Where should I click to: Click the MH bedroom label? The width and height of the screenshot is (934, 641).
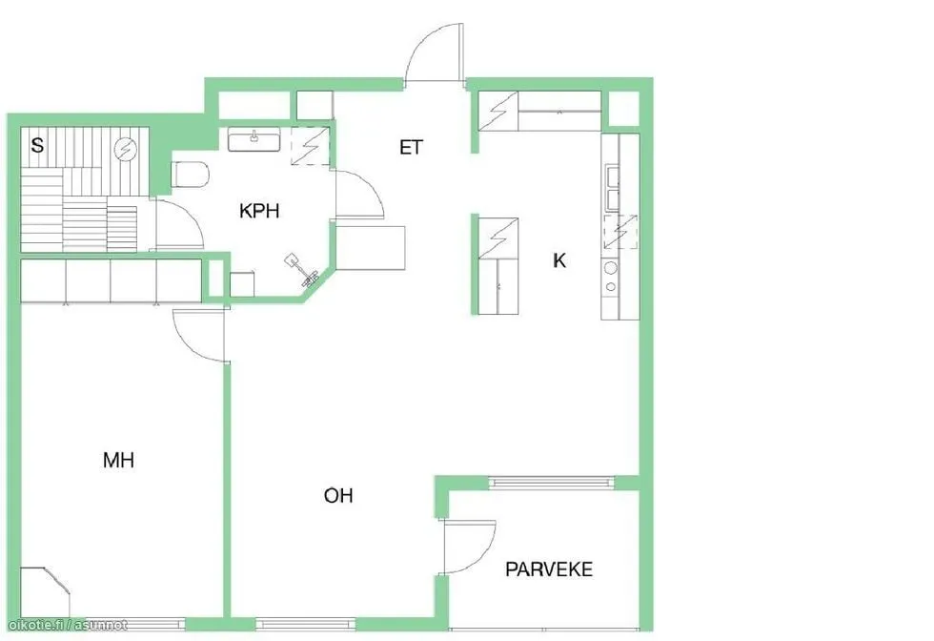coord(118,460)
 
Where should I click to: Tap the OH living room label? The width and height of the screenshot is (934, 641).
coord(338,495)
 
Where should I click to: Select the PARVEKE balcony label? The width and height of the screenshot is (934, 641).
coord(549,569)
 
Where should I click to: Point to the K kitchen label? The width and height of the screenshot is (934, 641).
coord(559,260)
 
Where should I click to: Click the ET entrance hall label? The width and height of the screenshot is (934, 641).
coord(411,147)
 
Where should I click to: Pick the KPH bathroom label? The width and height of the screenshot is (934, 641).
coord(259,211)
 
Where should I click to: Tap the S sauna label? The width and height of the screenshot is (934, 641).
coord(37,145)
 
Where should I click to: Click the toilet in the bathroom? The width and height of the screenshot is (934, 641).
coord(191,175)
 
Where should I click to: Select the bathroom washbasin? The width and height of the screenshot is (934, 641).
coord(254,141)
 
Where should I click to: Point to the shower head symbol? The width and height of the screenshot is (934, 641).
coord(304,270)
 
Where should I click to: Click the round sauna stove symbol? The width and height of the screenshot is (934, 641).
coord(126,149)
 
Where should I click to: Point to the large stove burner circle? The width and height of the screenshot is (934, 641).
coord(611,268)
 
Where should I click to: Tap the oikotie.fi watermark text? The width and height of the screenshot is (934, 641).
coord(68,625)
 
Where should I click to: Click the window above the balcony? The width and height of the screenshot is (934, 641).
coord(551,483)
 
